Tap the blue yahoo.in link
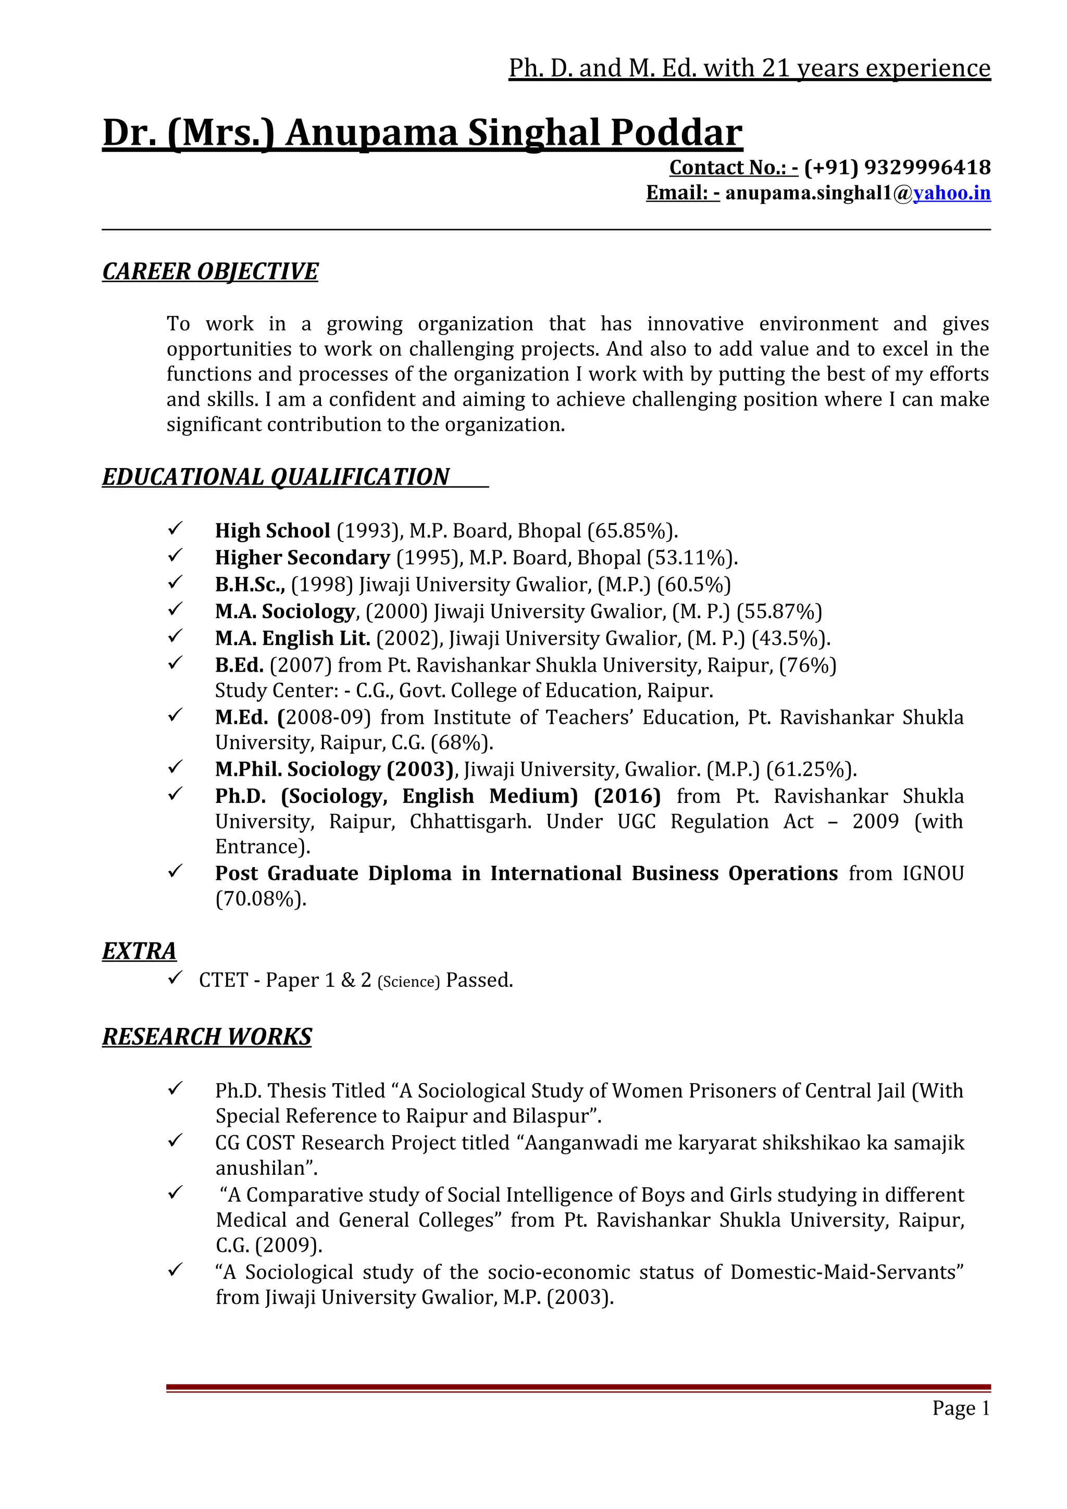pyautogui.click(x=951, y=193)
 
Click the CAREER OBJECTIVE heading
pyautogui.click(x=210, y=271)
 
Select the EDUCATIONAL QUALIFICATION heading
pyautogui.click(x=276, y=476)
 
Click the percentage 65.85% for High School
pyautogui.click(x=632, y=531)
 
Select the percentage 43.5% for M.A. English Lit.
pyautogui.click(x=790, y=638)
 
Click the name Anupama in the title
pyautogui.click(x=371, y=133)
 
